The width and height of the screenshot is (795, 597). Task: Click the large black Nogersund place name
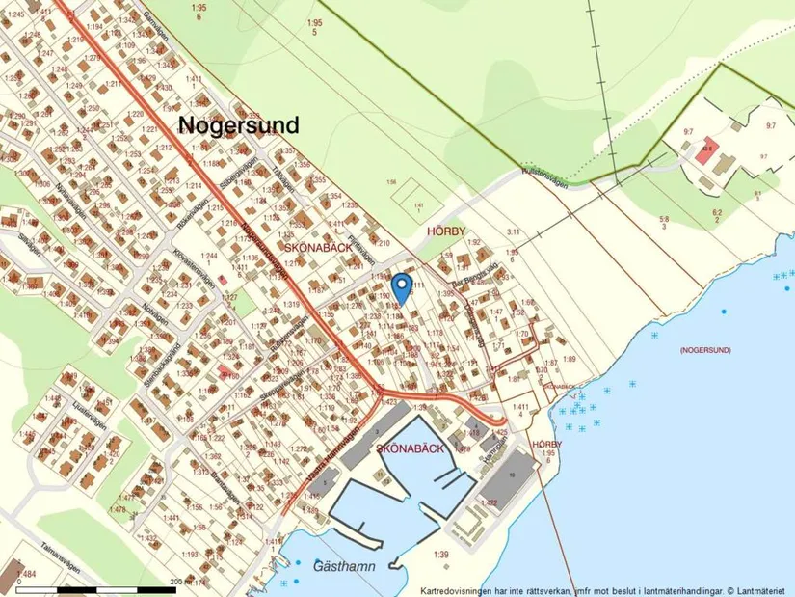(x=238, y=124)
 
